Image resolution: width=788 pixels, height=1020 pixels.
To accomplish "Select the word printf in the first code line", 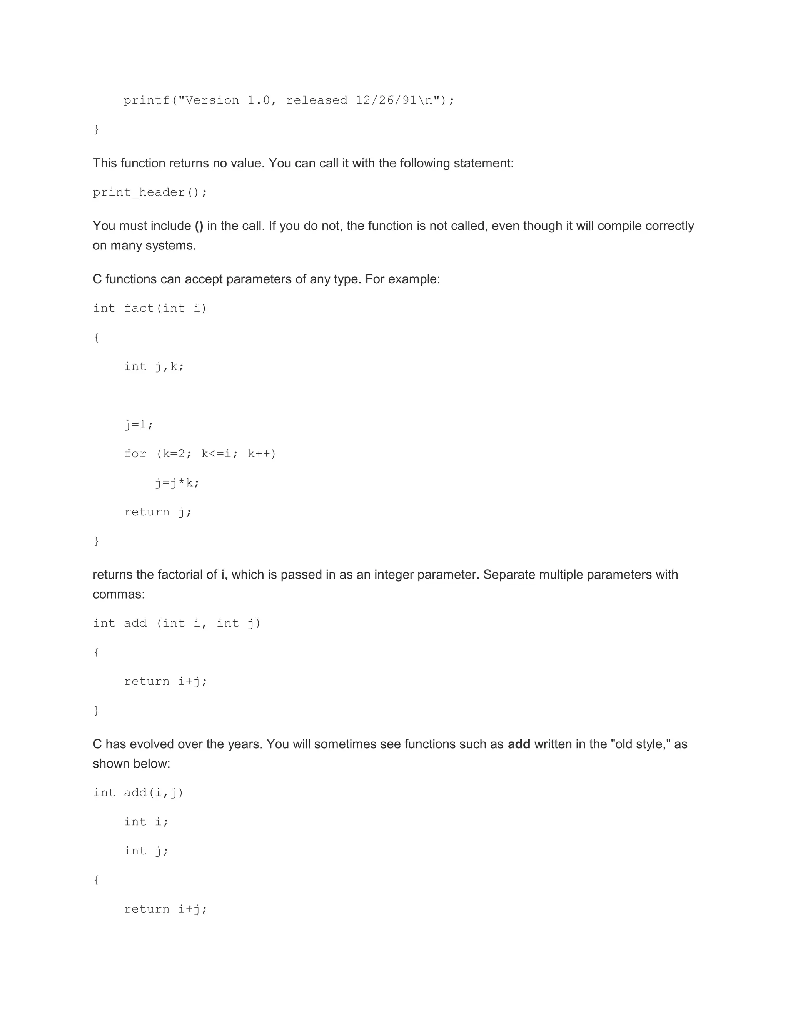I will [x=147, y=100].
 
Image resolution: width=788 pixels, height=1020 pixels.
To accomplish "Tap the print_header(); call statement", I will [x=150, y=192].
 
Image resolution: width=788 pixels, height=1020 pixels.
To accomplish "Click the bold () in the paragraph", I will [x=199, y=226].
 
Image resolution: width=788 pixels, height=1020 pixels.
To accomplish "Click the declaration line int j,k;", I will [x=154, y=366].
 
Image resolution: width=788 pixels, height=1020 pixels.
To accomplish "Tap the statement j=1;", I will [x=139, y=425].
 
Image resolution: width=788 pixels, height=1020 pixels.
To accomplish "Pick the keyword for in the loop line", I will [x=135, y=454].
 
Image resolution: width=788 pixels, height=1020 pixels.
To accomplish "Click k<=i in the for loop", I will [x=216, y=454].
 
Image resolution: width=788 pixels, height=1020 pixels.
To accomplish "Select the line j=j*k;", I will [x=177, y=483].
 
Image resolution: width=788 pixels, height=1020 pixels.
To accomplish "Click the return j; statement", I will [x=158, y=512].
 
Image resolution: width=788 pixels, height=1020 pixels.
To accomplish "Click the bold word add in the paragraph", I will [x=519, y=744].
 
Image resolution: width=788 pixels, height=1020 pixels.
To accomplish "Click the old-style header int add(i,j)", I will [x=138, y=793].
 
